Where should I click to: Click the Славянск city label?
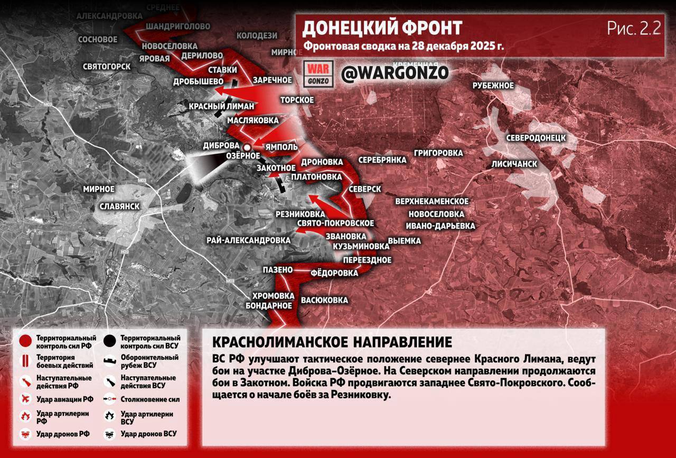[120, 206]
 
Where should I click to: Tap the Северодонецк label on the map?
[536, 138]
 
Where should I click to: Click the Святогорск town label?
[107, 67]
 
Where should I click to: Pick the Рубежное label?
[493, 86]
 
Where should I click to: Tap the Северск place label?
[365, 189]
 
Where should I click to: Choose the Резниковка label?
[300, 214]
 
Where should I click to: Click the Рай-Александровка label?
[249, 240]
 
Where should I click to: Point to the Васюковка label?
[324, 301]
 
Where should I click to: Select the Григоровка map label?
[438, 154]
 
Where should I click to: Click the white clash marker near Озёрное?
[247, 147]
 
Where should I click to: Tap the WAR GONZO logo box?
[318, 73]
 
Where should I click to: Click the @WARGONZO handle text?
[395, 73]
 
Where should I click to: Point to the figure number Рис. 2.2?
[633, 29]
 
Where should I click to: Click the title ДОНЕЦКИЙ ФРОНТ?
[382, 27]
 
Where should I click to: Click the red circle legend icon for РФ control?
[24, 341]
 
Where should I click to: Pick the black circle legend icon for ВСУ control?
[110, 341]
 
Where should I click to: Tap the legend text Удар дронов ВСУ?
[148, 434]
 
